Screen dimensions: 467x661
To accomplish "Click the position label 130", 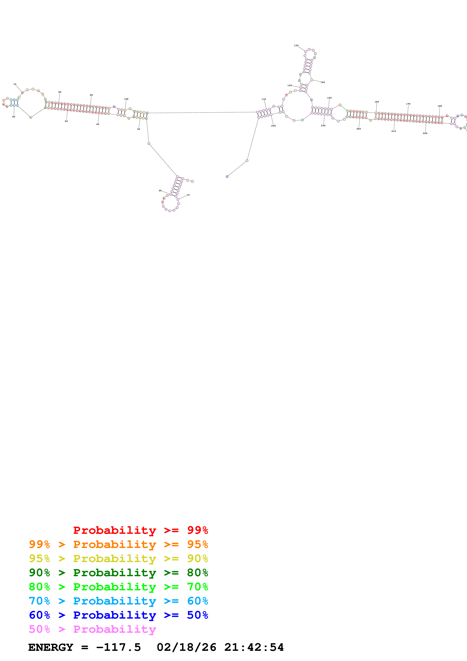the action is (296, 45).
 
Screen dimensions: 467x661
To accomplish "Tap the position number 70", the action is (15, 84).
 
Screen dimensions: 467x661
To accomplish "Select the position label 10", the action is (188, 195).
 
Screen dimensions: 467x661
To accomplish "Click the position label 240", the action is (273, 126).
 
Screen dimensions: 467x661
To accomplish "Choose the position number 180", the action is (440, 106).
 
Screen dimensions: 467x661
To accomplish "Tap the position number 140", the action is (323, 82).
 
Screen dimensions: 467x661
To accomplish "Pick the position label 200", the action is (425, 133).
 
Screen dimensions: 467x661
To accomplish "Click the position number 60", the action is (14, 117).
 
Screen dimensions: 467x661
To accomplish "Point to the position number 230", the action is (323, 125).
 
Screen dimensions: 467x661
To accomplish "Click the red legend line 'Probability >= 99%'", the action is (140, 530).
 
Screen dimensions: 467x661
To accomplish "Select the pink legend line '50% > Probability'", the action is (92, 629).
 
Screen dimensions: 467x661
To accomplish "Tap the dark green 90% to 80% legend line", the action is (118, 573).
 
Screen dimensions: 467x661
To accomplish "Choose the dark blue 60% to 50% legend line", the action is (118, 615).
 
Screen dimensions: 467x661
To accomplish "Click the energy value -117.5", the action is (118, 647).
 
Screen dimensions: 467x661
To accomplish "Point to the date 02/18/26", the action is (186, 647).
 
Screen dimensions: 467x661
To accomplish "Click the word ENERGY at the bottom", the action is (51, 647).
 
